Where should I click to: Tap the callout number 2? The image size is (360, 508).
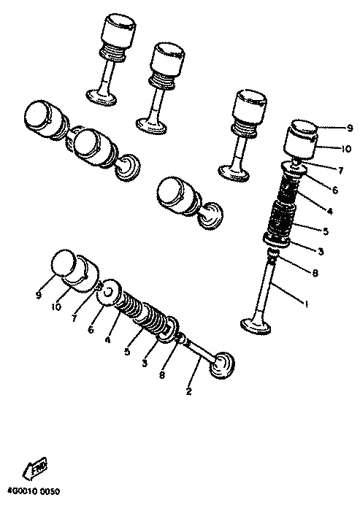(x=189, y=391)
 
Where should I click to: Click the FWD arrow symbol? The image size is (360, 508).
(x=34, y=469)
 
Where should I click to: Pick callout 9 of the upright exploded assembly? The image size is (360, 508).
(x=350, y=128)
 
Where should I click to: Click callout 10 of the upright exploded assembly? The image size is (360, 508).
(x=346, y=149)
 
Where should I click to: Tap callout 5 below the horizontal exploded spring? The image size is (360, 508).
(x=127, y=352)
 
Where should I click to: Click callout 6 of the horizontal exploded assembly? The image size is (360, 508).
(x=91, y=330)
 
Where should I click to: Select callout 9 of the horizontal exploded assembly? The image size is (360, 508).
(x=39, y=295)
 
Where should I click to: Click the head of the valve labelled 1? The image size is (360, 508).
(x=256, y=326)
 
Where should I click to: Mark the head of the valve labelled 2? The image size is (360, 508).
(x=223, y=366)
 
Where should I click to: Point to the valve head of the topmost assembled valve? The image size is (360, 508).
(x=102, y=97)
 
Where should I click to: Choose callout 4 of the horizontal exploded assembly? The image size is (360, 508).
(x=107, y=340)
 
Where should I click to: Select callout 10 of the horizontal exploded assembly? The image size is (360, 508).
(x=56, y=307)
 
